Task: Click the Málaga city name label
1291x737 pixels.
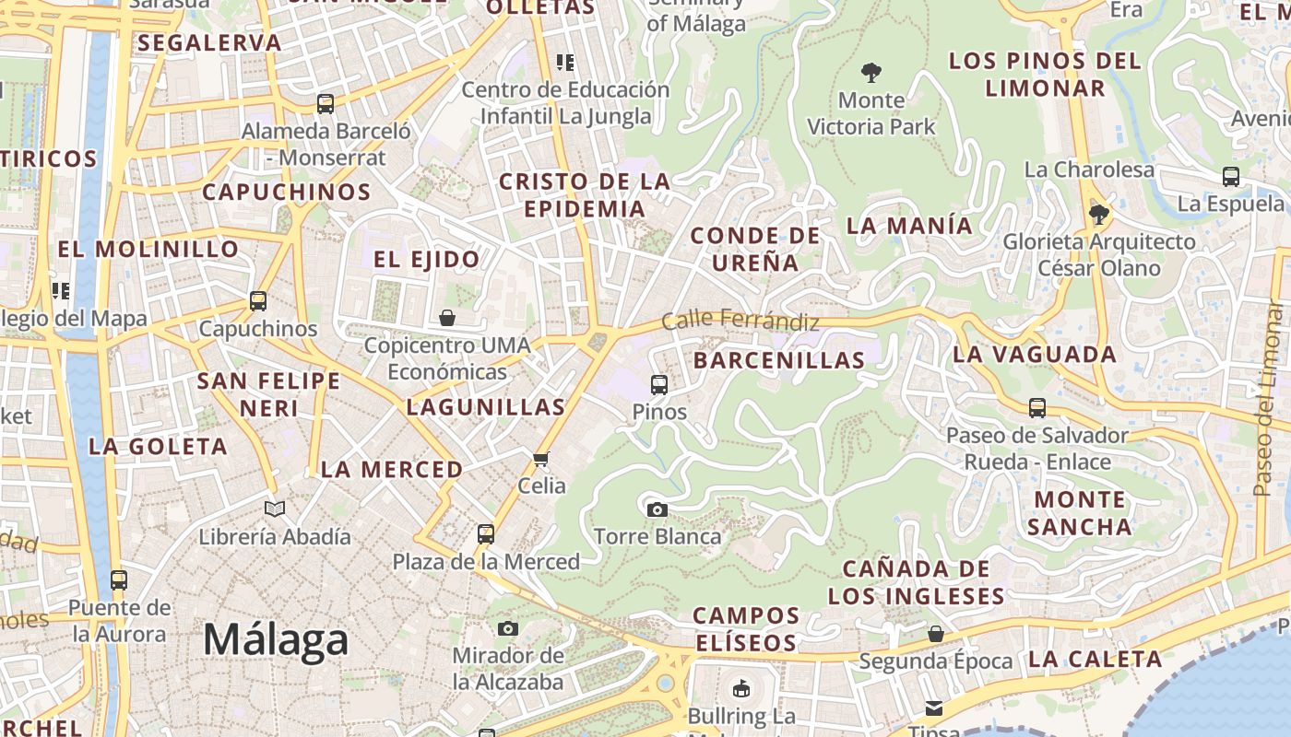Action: [x=276, y=639]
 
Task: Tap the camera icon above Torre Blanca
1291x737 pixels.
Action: [x=657, y=509]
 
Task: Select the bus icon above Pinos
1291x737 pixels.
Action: [x=658, y=385]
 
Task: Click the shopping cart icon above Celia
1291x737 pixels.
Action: [x=541, y=459]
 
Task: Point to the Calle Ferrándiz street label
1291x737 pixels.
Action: [x=740, y=321]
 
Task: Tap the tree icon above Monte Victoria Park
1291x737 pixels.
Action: [x=871, y=73]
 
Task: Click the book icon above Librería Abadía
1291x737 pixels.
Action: [x=275, y=509]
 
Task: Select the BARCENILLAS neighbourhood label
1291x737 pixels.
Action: [x=779, y=360]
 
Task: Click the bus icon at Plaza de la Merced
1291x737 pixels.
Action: [x=486, y=533]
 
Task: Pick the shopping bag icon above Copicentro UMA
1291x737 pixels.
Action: [x=447, y=318]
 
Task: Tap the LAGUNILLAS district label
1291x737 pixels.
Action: [x=486, y=407]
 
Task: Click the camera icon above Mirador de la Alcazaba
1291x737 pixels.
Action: [x=507, y=629]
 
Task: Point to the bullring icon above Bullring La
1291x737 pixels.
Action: [x=740, y=688]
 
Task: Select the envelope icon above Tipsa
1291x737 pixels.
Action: [x=934, y=708]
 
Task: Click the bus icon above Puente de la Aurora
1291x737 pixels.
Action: [x=119, y=580]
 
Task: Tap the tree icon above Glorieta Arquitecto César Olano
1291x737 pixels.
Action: [x=1097, y=215]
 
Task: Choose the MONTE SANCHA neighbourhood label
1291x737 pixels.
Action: [x=1079, y=513]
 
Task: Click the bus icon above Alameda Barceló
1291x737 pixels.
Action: [x=326, y=104]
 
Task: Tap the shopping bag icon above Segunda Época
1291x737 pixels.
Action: [x=935, y=634]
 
